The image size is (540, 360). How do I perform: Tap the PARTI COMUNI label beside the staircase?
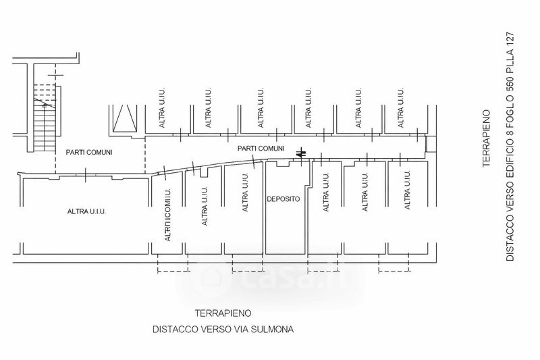pyautogui.click(x=88, y=153)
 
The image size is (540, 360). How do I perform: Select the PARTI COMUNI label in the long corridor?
pyautogui.click(x=261, y=148)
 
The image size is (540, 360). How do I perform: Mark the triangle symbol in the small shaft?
pyautogui.click(x=126, y=120)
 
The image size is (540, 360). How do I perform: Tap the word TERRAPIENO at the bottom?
pyautogui.click(x=223, y=313)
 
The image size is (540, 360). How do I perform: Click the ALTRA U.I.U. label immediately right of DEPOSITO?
pyautogui.click(x=327, y=192)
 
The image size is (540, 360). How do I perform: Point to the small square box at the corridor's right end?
pyautogui.click(x=429, y=143)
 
